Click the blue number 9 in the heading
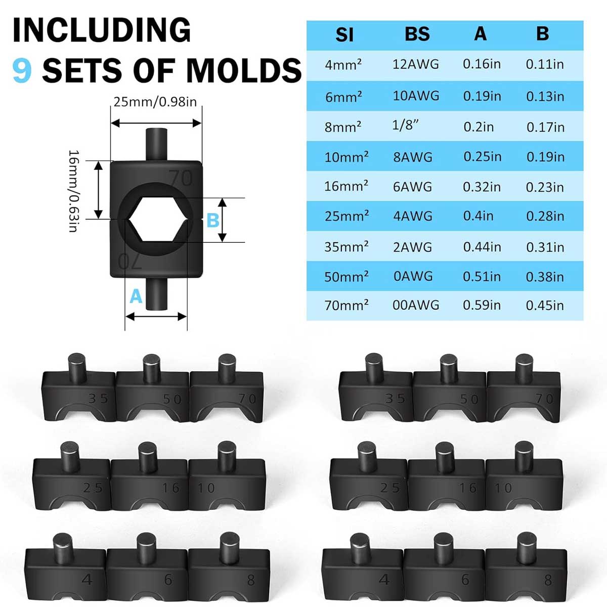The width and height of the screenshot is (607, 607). (x=22, y=70)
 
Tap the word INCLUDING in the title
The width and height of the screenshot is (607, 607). (x=102, y=30)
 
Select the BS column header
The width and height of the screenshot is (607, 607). (x=417, y=34)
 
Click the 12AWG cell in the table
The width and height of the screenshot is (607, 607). (x=415, y=64)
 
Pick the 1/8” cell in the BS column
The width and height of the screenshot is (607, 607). (x=406, y=125)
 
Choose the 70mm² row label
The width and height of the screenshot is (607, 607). (x=346, y=305)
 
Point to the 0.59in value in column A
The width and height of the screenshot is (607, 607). (x=482, y=305)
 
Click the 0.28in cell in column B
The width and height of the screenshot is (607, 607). (x=545, y=216)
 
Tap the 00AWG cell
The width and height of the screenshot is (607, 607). (x=416, y=305)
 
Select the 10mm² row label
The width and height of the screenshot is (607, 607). (x=346, y=157)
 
